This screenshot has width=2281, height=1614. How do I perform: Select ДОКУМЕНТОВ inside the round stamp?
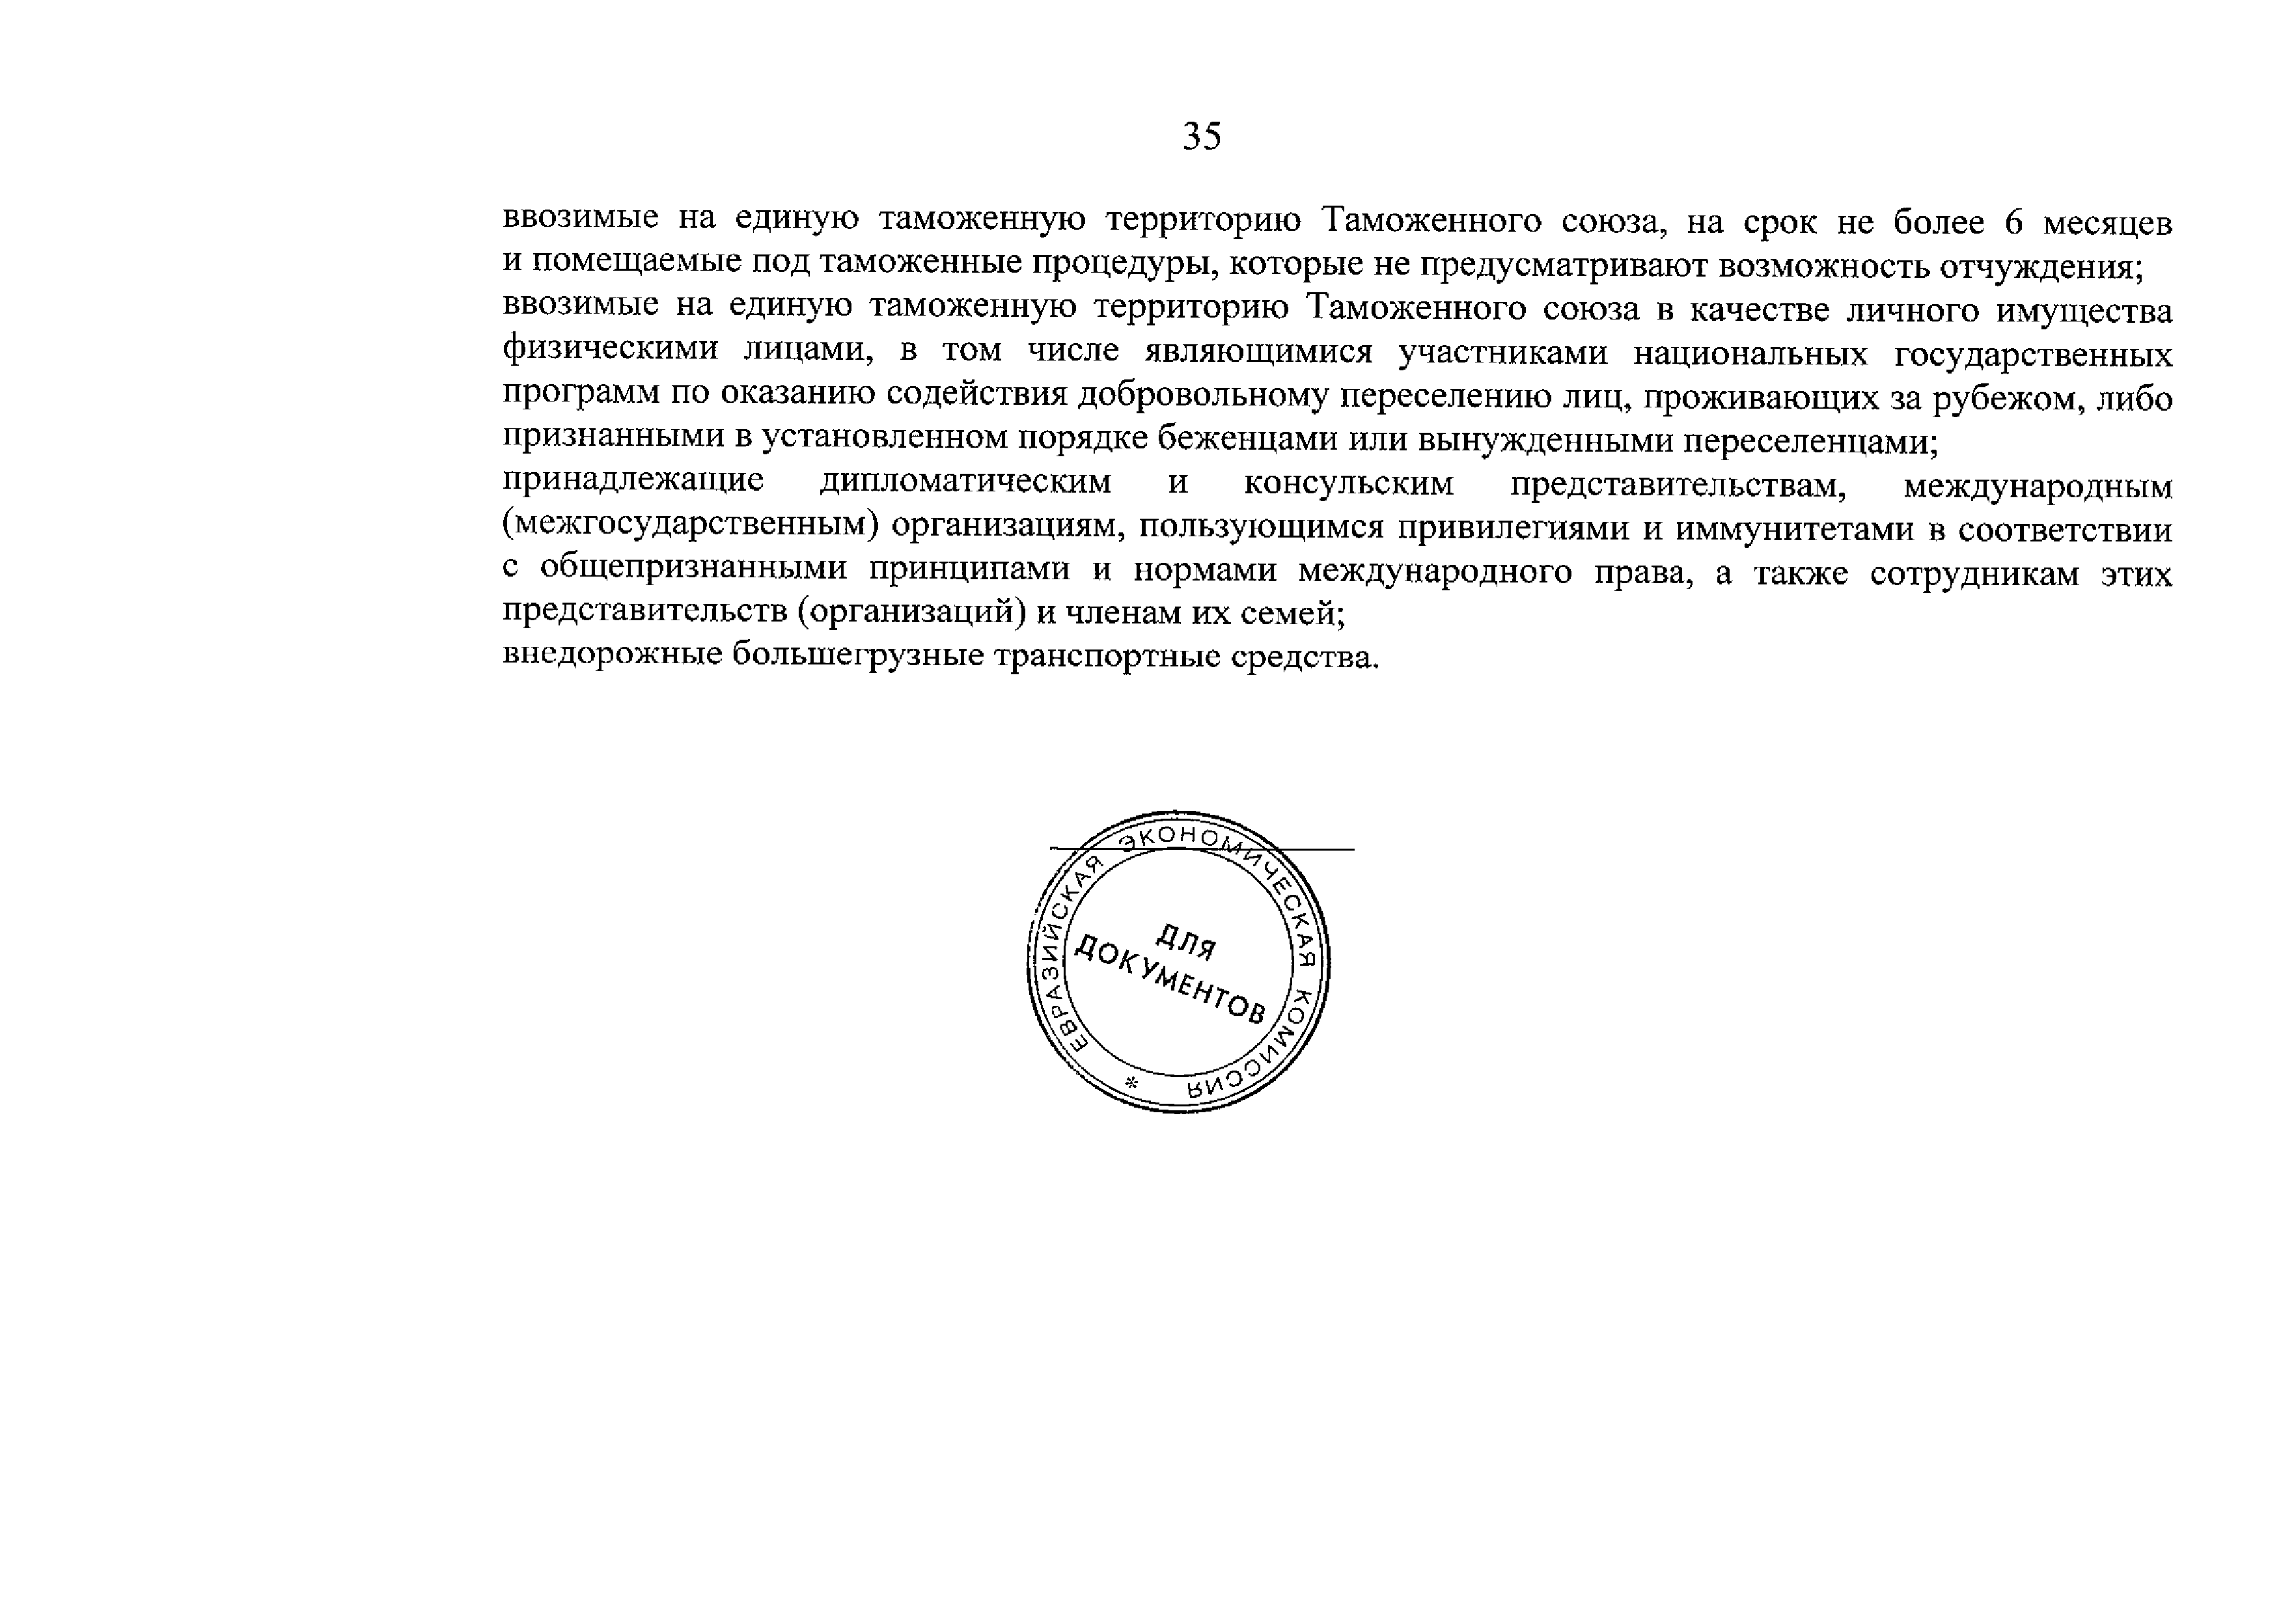[x=1171, y=981]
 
